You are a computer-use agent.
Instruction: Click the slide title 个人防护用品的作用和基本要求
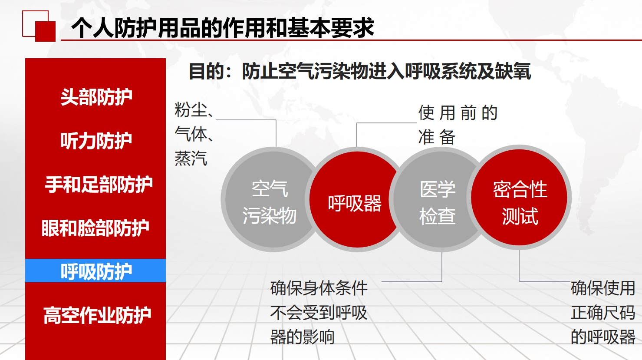point(223,27)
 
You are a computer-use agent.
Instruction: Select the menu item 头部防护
point(96,96)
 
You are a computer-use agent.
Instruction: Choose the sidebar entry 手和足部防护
point(99,184)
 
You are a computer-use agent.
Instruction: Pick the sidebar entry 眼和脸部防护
point(95,228)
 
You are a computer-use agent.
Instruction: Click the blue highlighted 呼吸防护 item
point(95,271)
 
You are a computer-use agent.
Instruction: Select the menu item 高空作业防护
point(97,315)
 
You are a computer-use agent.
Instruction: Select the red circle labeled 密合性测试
point(519,198)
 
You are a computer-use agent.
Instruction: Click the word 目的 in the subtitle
point(206,71)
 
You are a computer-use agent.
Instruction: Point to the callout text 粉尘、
point(194,109)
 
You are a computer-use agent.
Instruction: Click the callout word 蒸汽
point(191,158)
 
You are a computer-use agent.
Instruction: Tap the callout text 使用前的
point(458,112)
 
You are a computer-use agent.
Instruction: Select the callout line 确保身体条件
point(319,288)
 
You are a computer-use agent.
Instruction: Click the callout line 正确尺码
point(603,313)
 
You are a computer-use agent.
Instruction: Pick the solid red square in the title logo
point(45,32)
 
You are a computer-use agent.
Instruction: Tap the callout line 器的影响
point(303,337)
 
